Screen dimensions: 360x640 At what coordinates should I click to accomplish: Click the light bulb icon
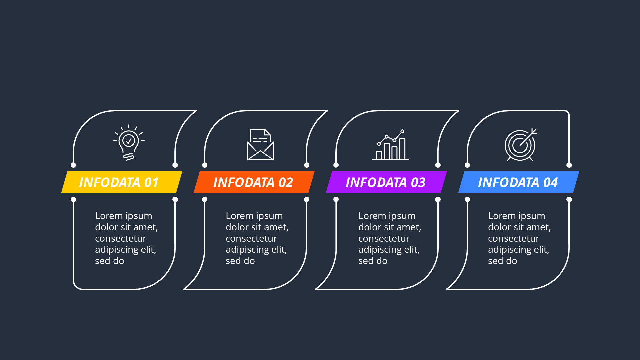(129, 143)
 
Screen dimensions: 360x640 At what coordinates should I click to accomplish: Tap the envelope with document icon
(260, 145)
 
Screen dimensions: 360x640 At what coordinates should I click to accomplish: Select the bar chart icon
(391, 145)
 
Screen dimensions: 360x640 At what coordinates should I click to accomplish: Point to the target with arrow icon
(520, 145)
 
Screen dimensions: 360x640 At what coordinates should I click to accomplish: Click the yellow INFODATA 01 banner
(122, 182)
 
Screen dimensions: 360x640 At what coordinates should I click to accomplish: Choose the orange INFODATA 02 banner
(254, 182)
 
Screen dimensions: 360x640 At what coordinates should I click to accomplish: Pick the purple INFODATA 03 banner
(386, 182)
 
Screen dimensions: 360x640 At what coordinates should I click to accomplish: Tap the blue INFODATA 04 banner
(518, 182)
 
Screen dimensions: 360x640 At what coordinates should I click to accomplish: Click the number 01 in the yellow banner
(151, 183)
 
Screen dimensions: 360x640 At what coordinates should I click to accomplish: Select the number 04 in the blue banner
(550, 183)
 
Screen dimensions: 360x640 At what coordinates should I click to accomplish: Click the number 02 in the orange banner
(286, 183)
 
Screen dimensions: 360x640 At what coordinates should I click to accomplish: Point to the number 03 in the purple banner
(418, 183)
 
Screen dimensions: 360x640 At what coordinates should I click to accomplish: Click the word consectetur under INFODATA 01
(120, 239)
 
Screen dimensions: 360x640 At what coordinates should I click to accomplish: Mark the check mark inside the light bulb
(129, 141)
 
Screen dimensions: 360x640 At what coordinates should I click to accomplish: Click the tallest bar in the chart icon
(402, 149)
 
